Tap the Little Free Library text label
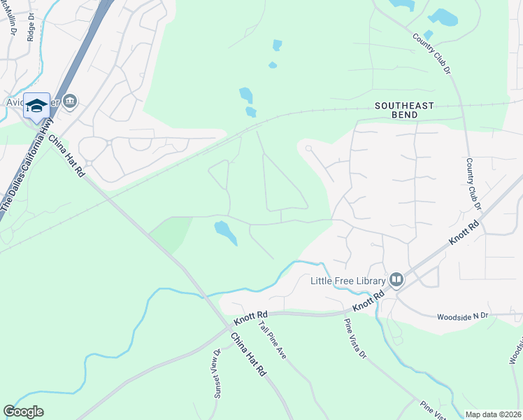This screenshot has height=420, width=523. pyautogui.click(x=348, y=281)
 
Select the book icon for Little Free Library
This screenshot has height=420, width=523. pyautogui.click(x=396, y=281)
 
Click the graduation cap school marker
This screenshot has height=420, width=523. pyautogui.click(x=36, y=106)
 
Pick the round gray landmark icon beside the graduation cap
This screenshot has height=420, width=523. pyautogui.click(x=70, y=102)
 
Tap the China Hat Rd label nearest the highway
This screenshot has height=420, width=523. pyautogui.click(x=66, y=155)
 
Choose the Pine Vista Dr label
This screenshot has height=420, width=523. pyautogui.click(x=354, y=339)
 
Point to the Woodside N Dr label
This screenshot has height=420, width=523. pyautogui.click(x=462, y=316)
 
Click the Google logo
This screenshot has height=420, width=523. pyautogui.click(x=24, y=412)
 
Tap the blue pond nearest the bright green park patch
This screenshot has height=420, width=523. pyautogui.click(x=225, y=231)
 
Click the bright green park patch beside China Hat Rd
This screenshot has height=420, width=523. pyautogui.click(x=171, y=232)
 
